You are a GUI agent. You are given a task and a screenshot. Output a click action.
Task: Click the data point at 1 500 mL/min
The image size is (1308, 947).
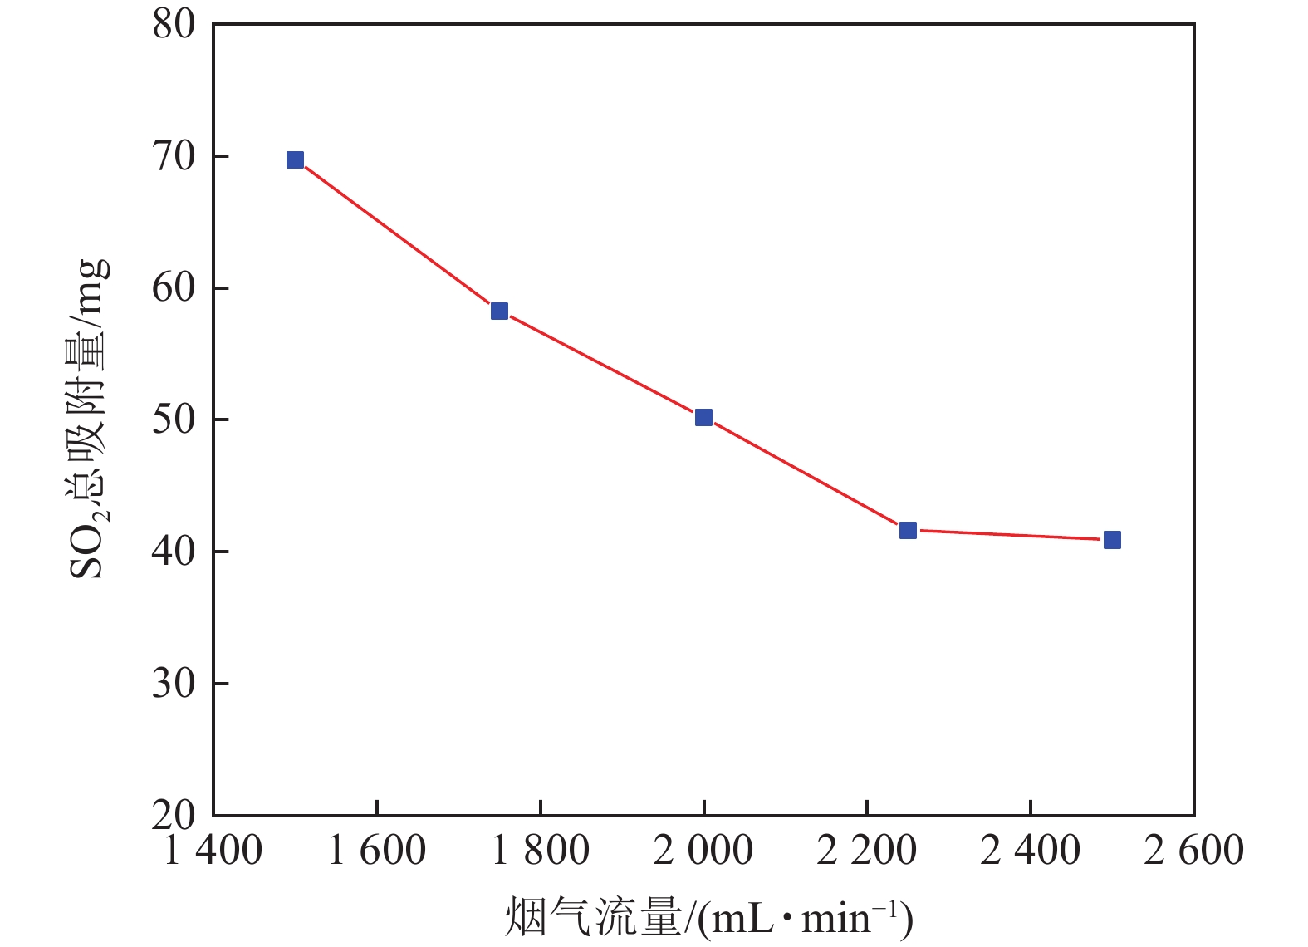click(x=295, y=159)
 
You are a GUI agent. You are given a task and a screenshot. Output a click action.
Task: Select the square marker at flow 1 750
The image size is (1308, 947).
click(x=499, y=311)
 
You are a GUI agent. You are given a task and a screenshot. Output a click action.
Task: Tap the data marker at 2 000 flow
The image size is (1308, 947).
click(x=703, y=417)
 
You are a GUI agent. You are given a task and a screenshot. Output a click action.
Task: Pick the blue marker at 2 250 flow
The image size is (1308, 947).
click(x=908, y=530)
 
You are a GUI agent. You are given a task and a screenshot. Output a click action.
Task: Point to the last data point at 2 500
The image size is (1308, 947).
click(x=1112, y=540)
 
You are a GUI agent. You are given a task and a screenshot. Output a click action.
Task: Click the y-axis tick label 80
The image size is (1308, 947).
click(x=174, y=24)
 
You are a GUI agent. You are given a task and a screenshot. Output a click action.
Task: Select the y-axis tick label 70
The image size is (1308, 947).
click(x=174, y=156)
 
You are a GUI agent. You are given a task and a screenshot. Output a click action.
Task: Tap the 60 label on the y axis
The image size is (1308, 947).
click(x=174, y=287)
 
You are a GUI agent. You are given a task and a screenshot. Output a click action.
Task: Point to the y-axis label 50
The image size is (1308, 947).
click(x=174, y=420)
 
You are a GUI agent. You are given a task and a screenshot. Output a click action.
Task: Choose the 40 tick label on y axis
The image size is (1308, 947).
click(x=174, y=552)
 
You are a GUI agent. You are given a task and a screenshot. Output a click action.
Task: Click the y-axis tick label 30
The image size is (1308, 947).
click(x=174, y=683)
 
